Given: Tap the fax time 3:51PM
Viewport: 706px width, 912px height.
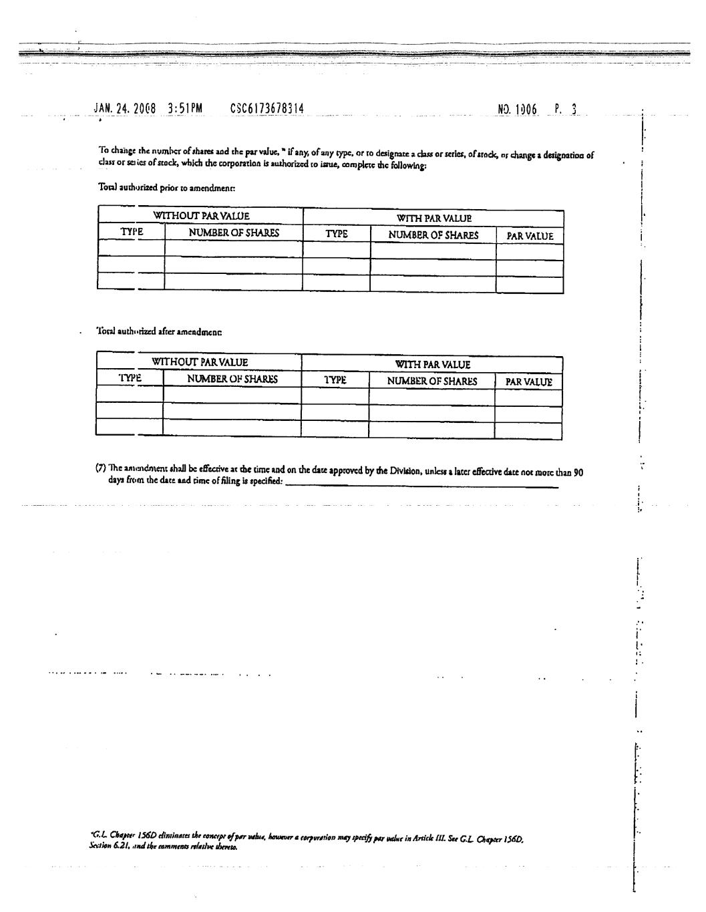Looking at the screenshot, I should coord(185,108).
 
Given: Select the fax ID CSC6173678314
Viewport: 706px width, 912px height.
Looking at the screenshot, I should coord(267,108).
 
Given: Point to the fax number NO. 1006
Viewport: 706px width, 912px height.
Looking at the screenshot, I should coord(518,110).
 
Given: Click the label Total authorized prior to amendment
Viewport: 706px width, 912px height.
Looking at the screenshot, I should coord(166,188).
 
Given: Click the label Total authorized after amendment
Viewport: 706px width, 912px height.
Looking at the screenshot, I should coord(160,331).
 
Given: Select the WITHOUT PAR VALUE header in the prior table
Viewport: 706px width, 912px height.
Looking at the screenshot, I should coord(201,216).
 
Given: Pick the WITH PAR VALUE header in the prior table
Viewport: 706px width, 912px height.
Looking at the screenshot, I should coord(433,218).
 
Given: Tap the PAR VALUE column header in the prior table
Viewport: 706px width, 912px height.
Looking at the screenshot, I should coord(530,236).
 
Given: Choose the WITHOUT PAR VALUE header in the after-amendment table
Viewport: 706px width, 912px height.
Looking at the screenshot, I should coord(200,362).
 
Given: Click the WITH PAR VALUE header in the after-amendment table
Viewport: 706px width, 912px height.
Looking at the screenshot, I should coord(432,364).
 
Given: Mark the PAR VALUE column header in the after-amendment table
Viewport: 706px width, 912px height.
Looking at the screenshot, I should coord(528,382).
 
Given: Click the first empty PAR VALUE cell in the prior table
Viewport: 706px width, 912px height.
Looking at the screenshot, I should coord(530,252).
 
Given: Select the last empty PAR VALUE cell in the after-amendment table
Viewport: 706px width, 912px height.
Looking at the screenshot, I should coord(528,431).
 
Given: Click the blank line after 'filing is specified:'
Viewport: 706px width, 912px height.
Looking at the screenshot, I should coord(421,486).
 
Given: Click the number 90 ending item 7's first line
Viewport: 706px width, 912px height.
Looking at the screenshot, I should coord(578,472).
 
